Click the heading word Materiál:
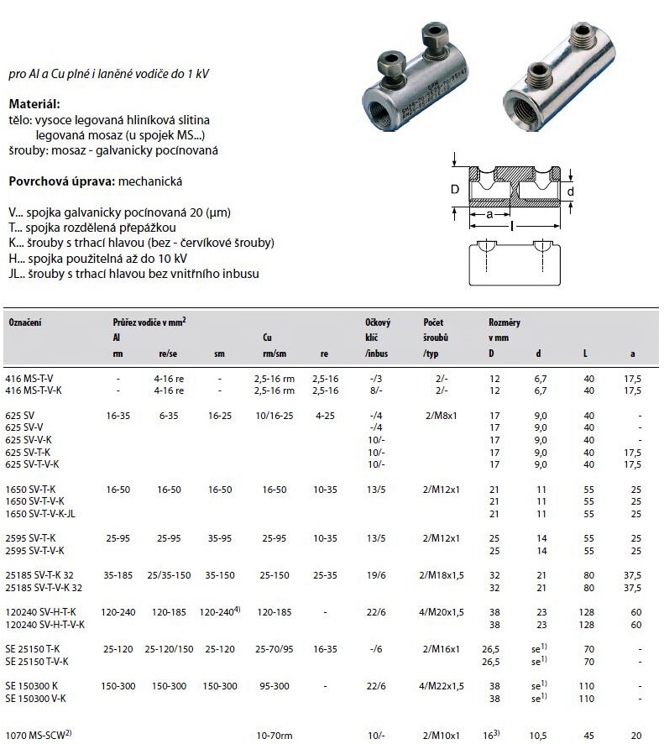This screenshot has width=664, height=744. click(34, 104)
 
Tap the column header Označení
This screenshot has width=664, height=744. click(24, 322)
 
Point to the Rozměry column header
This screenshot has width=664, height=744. click(505, 322)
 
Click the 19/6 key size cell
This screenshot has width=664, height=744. click(374, 575)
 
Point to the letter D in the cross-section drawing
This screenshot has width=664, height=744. click(455, 190)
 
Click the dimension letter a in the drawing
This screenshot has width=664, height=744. click(489, 215)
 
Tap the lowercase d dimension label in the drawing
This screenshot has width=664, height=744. click(571, 191)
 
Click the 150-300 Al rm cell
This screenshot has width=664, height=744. click(118, 686)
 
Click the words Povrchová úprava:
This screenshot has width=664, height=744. click(61, 181)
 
